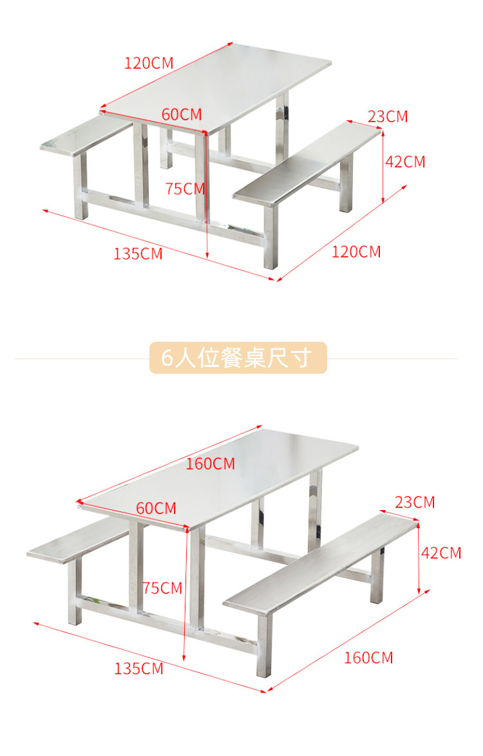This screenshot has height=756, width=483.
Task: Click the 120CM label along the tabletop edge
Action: pos(149,63)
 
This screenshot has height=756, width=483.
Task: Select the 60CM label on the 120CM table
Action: pos(182,115)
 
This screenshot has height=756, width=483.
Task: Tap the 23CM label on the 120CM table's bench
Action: pos(388,117)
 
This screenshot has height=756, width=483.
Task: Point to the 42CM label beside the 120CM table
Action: pos(405,162)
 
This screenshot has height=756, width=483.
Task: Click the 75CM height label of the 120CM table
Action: pos(185,189)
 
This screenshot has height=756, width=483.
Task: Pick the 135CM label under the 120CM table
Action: pos(138,254)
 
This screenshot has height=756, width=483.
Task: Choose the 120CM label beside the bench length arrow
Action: pos(356,251)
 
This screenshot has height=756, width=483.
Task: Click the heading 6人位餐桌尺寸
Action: pos(238,358)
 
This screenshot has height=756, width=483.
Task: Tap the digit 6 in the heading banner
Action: pos(167,358)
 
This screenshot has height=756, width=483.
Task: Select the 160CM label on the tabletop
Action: pos(211,464)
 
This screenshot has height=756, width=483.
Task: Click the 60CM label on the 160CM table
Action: pos(156,508)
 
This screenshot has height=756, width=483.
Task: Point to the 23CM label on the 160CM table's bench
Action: pos(415,502)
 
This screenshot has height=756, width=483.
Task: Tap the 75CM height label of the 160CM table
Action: pos(162,588)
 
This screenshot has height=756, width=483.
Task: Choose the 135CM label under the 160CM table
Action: pos(139,668)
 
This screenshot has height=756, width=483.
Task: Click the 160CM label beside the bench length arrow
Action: pos(368,657)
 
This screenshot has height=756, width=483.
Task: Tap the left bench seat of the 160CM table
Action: pos(77,541)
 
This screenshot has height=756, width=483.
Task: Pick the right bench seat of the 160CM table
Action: pos(322,563)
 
